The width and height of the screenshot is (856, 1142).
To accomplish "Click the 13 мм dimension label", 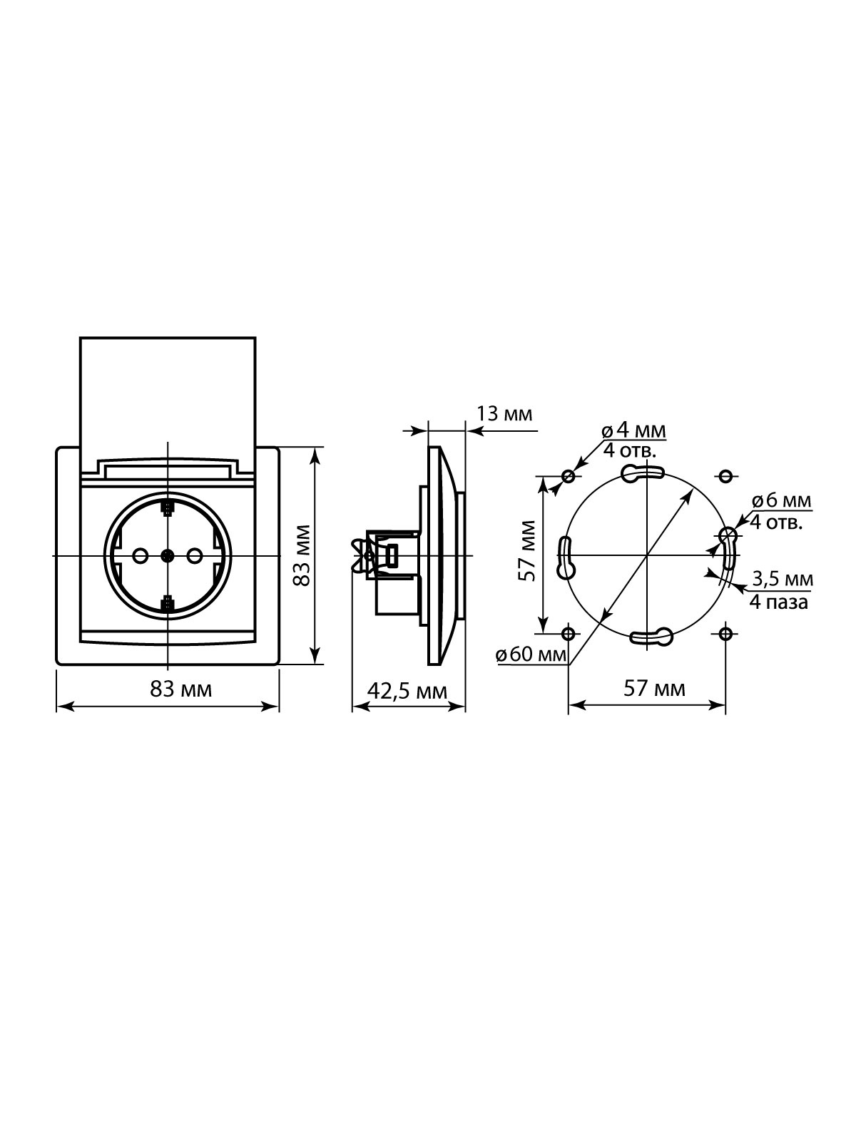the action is coord(504,413).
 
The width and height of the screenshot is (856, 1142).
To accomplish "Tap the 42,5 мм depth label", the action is coord(407,691).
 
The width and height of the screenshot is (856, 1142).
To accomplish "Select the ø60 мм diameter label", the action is coord(531,655).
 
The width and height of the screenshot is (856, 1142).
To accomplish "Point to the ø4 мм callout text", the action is coord(633,431).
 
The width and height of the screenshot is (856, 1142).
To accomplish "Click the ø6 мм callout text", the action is coord(781,500).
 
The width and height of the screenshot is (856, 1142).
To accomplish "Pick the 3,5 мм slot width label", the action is coord(783,579).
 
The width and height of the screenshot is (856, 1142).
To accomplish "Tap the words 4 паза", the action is coord(778,602).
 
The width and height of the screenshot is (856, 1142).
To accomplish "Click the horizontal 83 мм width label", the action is coord(181,689).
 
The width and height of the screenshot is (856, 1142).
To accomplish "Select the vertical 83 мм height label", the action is coord(302,555).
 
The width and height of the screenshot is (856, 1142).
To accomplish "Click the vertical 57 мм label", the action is coord(527,550).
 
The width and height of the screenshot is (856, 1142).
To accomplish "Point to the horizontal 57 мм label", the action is coord(654,689).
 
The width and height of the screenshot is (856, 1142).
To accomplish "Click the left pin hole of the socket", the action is coord(140,556).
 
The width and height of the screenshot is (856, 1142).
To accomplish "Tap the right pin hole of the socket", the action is coord(195,556).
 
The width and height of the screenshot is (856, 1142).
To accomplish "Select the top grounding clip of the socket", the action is coord(168,507).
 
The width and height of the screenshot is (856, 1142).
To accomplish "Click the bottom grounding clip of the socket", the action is coord(168,605).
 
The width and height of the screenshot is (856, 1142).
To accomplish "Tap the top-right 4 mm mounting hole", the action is coord(726,475).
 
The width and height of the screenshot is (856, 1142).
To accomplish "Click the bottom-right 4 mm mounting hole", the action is coord(726,633).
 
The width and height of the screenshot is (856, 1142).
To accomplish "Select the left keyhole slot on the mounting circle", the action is coord(566,557).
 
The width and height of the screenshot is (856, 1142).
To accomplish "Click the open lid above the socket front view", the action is coord(168,398).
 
